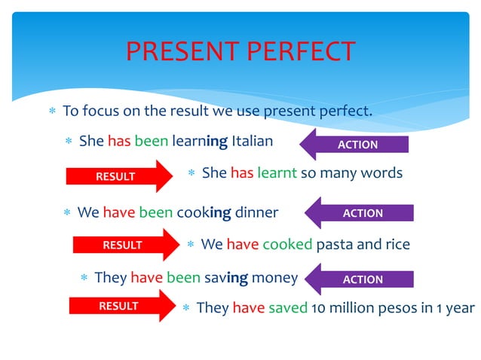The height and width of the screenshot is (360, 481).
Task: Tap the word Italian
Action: pos(252,141)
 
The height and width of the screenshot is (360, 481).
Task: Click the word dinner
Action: pos(256,212)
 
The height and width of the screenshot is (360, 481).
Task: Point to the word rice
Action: pos(396,245)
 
